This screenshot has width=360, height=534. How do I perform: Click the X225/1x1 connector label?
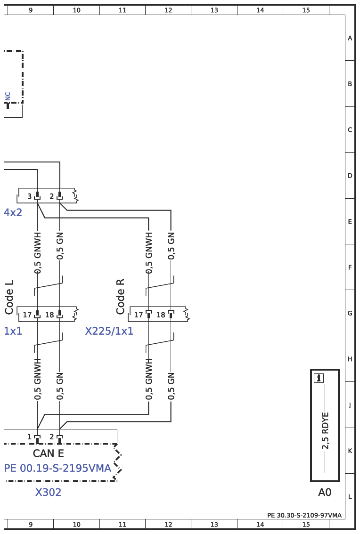tap(109, 331)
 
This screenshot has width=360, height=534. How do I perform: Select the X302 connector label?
tap(48, 493)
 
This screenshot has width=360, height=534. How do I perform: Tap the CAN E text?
tap(48, 453)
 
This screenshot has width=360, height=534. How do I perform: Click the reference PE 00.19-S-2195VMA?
tap(57, 469)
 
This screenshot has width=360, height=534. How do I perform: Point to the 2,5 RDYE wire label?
tap(325, 431)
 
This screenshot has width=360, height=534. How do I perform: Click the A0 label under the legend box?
tap(325, 493)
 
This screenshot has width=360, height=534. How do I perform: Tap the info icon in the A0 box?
tap(319, 377)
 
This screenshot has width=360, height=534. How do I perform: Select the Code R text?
tap(120, 296)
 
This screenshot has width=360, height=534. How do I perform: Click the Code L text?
tap(9, 298)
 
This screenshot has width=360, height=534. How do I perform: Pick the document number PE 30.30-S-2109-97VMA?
tap(304, 515)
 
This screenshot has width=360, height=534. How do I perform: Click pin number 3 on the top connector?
tap(29, 196)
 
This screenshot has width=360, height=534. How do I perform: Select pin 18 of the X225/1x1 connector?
tap(161, 315)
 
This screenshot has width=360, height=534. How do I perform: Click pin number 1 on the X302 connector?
tap(29, 437)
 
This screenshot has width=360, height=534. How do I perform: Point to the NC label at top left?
tap(8, 96)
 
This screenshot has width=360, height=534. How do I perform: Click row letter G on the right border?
tap(350, 313)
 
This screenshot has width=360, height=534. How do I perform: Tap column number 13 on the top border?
tap(214, 10)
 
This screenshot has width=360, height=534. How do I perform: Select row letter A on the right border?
tap(350, 38)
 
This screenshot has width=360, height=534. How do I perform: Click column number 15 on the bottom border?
tap(306, 524)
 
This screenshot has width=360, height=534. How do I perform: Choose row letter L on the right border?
tap(350, 497)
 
